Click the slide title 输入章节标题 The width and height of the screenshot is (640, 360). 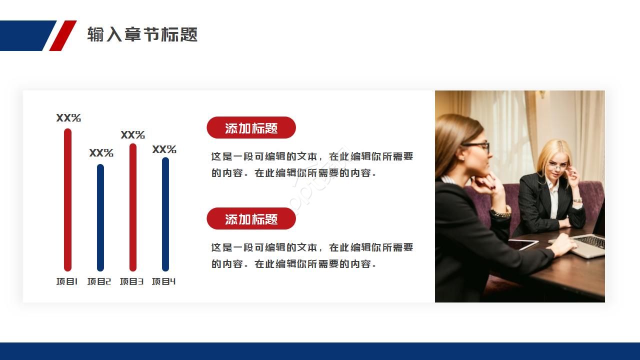pos(142,34)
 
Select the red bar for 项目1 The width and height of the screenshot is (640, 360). pos(67,199)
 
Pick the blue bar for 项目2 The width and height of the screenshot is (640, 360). pos(100,217)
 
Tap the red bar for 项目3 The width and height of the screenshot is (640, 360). pos(133,207)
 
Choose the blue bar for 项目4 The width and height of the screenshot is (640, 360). pos(165,214)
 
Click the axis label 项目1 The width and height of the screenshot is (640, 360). pos(67,281)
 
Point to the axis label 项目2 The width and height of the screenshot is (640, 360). pos(99,281)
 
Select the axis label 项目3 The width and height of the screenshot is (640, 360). pos(131,281)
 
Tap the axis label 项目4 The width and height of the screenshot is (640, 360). pos(163,281)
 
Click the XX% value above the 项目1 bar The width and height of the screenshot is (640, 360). pos(68,117)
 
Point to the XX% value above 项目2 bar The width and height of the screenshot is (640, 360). pos(101,153)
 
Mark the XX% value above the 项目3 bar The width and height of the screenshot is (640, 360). pos(133,135)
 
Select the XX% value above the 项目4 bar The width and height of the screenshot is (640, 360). pos(164,149)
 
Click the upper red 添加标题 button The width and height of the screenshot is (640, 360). pos(251,127)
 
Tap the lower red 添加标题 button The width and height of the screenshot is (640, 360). pos(251,218)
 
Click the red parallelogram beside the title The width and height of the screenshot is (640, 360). pos(63,35)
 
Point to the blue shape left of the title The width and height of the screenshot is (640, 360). pos(28,35)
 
